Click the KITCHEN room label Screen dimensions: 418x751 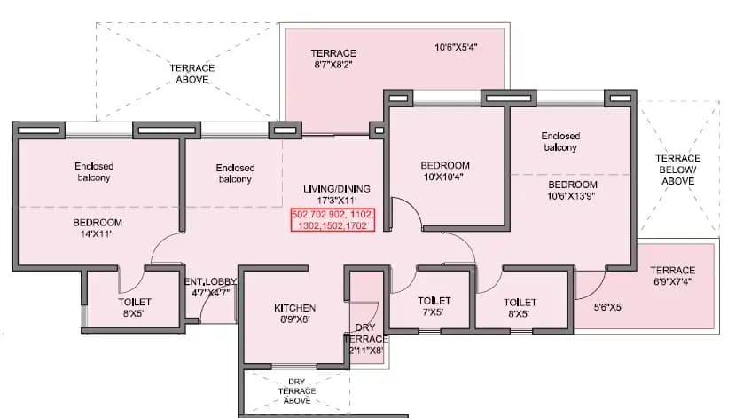tap(294, 314)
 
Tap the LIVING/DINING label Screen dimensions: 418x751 tap(336, 195)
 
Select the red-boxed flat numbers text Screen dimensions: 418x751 tap(333, 221)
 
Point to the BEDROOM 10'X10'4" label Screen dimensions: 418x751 tap(445, 171)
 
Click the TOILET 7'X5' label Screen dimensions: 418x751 tap(434, 307)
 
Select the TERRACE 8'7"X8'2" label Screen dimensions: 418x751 tap(332, 59)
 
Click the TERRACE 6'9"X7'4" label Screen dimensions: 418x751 tap(673, 277)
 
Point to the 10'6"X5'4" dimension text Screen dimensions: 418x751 tap(457, 48)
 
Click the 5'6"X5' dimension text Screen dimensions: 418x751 tap(608, 308)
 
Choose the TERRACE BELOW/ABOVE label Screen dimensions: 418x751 tap(678, 170)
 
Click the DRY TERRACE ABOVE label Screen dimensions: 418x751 tap(296, 390)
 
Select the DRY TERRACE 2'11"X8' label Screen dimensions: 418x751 tap(365, 339)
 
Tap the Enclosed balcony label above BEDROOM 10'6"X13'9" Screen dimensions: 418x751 tap(560, 142)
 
